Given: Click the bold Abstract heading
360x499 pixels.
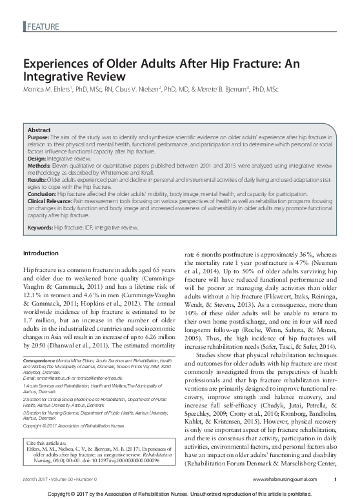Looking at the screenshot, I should [39, 130].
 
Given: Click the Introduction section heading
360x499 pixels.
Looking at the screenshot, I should [41, 253].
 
